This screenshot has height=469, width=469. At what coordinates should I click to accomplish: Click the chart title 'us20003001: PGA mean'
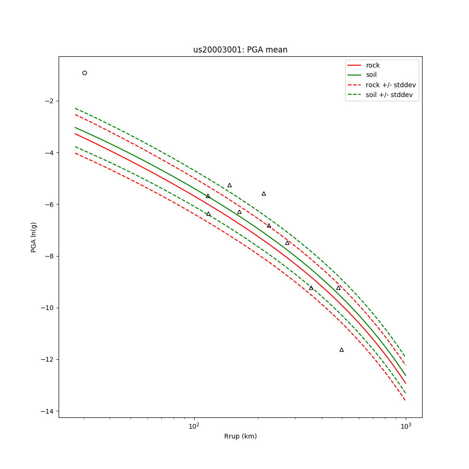[240, 50]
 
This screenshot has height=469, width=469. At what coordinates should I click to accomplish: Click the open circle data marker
[84, 73]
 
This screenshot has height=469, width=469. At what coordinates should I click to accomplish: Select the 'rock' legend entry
[373, 65]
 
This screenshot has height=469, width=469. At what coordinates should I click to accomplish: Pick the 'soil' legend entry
[371, 75]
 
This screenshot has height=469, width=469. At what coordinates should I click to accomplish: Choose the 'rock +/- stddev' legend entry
[391, 85]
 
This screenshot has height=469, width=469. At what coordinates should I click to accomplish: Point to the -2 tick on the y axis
[50, 101]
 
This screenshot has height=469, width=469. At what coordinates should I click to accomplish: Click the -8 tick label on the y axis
[50, 256]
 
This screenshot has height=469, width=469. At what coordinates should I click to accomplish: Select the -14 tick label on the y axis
[48, 411]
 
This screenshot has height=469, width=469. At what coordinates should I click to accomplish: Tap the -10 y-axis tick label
[48, 308]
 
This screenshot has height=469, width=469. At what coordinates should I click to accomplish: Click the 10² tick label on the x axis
[194, 425]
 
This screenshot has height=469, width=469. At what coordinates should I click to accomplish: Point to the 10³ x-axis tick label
[406, 425]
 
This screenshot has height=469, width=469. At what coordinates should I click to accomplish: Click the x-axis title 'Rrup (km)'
[240, 436]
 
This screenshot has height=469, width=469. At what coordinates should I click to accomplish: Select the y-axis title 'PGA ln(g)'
[34, 237]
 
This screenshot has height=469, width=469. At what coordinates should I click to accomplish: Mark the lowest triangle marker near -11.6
[341, 350]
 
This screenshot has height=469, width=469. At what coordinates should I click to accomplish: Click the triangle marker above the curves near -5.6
[264, 194]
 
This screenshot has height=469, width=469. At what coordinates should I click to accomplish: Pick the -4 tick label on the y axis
[50, 152]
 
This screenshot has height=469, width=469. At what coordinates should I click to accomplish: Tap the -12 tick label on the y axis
[48, 360]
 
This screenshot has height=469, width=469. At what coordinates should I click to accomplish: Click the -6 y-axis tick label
[50, 204]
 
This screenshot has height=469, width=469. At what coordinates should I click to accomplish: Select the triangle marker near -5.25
[229, 185]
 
